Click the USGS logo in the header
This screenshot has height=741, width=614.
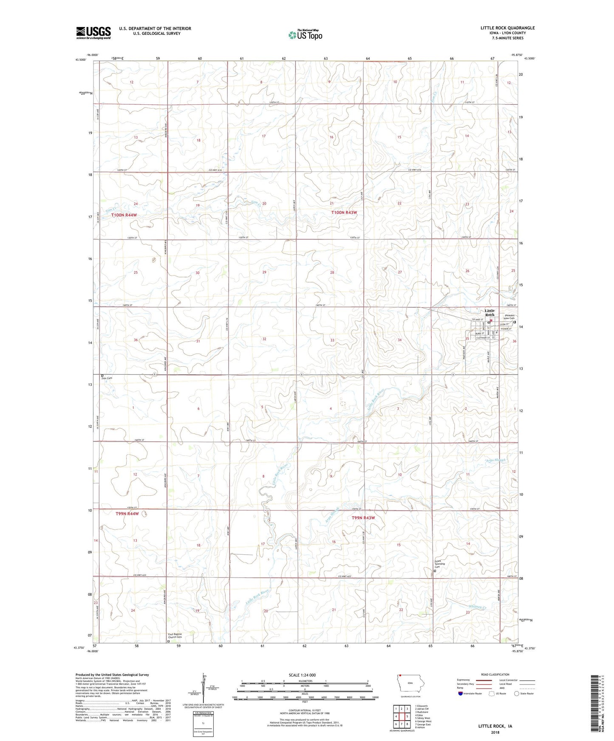pos(93,33)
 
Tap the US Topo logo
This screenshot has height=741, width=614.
pos(305,35)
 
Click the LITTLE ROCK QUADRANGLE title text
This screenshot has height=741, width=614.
pos(507,28)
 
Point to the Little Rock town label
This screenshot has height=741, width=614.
pos(490,312)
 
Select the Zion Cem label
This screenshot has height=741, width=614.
pos(107,378)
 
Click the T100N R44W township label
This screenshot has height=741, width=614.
pos(124,215)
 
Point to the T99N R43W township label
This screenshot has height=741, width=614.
pos(363,518)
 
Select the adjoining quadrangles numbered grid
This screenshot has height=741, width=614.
pos(401,716)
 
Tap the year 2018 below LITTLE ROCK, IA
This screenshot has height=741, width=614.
pos(495,732)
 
